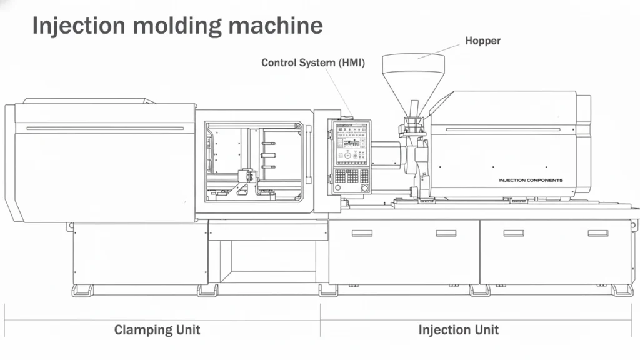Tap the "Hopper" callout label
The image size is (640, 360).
coord(482,41)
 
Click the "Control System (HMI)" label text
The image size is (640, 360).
coord(312,62)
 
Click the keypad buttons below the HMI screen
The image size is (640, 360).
coord(351,176)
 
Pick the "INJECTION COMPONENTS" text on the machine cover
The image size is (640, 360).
coord(531,180)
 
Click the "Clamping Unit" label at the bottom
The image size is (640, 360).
coord(157,330)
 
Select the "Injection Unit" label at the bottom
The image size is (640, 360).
coord(458,330)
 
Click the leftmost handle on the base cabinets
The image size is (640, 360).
coord(362,233)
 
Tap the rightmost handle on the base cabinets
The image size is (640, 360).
coord(597,233)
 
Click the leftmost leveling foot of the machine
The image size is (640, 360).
coord(82,291)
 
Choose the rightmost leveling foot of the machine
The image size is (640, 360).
coord(622,291)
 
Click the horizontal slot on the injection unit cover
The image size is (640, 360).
coord(503,130)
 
